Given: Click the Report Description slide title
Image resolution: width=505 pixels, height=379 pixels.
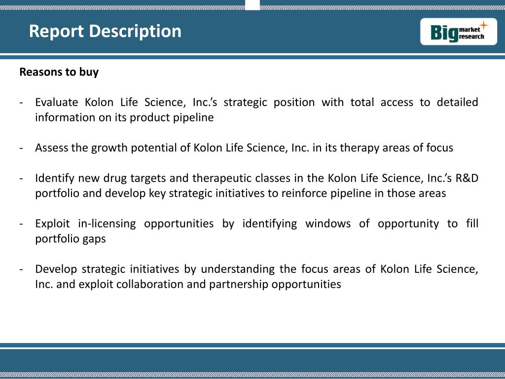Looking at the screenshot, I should [105, 31].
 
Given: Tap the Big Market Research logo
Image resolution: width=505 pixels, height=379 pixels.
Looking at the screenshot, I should [459, 32].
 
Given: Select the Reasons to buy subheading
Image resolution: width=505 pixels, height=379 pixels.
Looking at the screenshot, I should [59, 72].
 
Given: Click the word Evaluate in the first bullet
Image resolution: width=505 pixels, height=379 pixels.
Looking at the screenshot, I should [56, 102].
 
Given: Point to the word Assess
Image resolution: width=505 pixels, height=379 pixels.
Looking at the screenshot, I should [51, 148].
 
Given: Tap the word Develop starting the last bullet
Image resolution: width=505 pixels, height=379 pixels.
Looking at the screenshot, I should [55, 269].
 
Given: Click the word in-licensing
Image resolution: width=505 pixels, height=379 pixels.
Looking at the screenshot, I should [107, 224].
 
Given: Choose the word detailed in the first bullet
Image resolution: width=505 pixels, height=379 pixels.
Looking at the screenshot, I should [457, 102].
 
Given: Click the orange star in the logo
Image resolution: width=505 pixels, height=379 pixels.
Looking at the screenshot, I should [484, 25].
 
